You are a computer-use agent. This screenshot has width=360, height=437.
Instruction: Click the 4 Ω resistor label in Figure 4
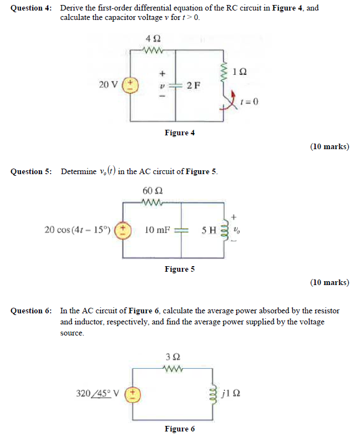(x=153, y=39)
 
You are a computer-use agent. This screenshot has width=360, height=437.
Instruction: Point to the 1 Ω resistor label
(x=240, y=72)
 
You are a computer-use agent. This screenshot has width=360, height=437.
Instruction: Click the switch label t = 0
(x=250, y=102)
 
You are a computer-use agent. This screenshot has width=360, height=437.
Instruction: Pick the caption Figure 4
(x=180, y=133)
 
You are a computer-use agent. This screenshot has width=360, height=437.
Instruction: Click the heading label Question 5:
(x=31, y=171)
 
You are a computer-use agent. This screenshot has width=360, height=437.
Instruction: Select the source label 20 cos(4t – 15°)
(x=78, y=229)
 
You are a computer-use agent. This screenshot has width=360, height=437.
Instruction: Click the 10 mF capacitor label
(x=156, y=229)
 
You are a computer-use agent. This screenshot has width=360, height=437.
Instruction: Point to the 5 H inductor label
(x=209, y=229)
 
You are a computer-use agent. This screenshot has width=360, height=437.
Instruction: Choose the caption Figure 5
(x=180, y=269)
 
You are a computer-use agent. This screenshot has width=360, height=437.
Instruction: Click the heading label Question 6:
(x=31, y=311)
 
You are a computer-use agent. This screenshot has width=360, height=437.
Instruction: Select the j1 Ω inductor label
(x=230, y=394)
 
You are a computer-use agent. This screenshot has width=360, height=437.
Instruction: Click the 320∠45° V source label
(x=97, y=394)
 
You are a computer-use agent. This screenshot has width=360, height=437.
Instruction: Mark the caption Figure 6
(x=180, y=429)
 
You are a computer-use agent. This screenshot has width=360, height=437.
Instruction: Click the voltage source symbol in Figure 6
(x=133, y=394)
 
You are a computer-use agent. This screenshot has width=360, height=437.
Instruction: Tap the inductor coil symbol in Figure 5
(x=225, y=230)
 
